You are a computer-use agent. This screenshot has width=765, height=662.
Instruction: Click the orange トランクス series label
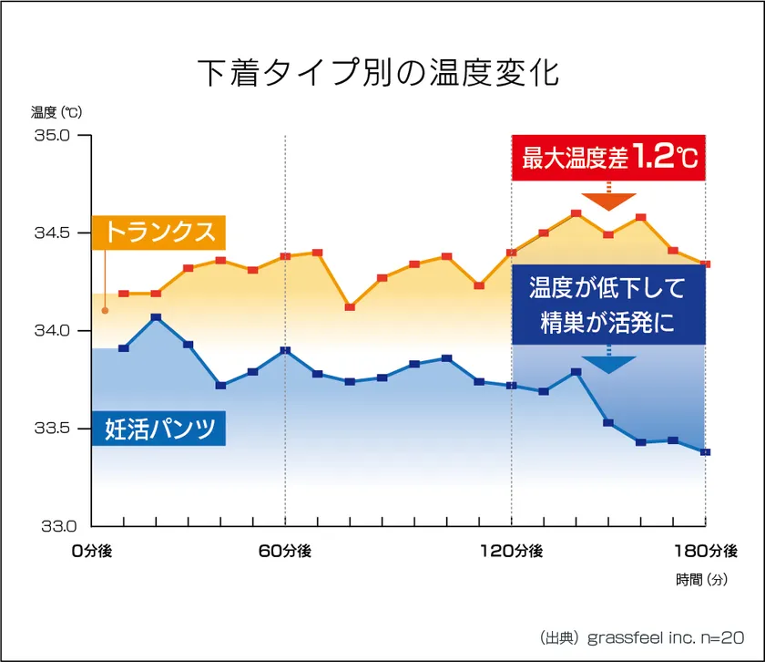(x=158, y=232)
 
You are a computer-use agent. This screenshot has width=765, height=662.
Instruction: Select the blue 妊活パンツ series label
(x=158, y=429)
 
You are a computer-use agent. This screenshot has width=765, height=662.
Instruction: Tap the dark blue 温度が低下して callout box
(x=608, y=306)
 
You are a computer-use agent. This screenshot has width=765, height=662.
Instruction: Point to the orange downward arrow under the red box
(x=608, y=200)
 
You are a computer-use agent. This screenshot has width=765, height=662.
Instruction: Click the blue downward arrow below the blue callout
(x=608, y=364)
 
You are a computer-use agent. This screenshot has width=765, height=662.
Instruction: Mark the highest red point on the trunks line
(x=576, y=213)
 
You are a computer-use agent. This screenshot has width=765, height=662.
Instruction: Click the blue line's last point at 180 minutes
(x=706, y=452)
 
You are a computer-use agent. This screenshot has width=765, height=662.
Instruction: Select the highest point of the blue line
(x=156, y=317)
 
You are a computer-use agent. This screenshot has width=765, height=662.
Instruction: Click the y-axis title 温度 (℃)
(x=56, y=112)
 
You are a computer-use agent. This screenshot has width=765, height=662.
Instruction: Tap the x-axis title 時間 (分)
(x=702, y=579)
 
